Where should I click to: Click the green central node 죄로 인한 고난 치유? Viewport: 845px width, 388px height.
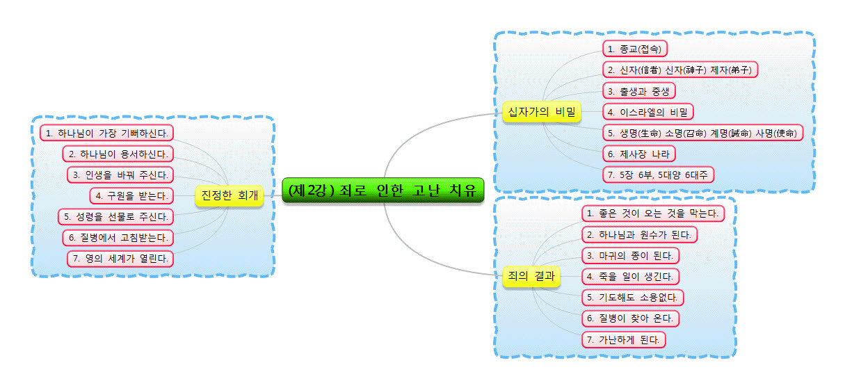(383, 189)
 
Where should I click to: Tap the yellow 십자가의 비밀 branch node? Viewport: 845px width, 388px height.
(542, 111)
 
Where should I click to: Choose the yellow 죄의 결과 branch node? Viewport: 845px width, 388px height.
(531, 276)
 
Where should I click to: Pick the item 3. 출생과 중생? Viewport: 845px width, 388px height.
(639, 90)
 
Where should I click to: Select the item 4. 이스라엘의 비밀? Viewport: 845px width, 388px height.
(648, 111)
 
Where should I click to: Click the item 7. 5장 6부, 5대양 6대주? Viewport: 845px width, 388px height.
(658, 175)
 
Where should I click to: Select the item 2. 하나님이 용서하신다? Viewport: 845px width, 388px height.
(118, 153)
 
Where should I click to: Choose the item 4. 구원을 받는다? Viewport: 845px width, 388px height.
(131, 195)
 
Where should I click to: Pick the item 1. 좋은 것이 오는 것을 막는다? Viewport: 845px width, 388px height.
(652, 213)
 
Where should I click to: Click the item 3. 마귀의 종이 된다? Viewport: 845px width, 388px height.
(630, 255)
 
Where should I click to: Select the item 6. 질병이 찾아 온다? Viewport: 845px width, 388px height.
(630, 318)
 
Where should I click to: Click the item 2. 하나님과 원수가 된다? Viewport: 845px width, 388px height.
(639, 234)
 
